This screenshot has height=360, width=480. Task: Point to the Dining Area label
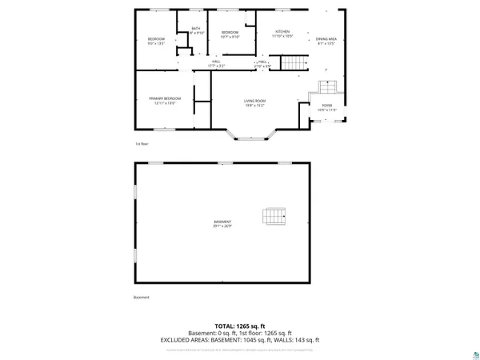[326, 40]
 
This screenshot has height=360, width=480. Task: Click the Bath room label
[194, 30]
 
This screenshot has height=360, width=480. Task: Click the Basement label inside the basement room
[222, 223]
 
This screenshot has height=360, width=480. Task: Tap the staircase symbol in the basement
[274, 216]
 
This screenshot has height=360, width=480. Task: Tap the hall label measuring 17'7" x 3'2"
[216, 63]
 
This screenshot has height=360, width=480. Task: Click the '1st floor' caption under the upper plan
[141, 143]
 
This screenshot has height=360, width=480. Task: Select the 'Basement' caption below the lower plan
[141, 298]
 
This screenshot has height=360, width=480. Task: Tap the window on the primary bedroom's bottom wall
[160, 129]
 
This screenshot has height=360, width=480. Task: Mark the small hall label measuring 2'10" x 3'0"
[262, 63]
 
